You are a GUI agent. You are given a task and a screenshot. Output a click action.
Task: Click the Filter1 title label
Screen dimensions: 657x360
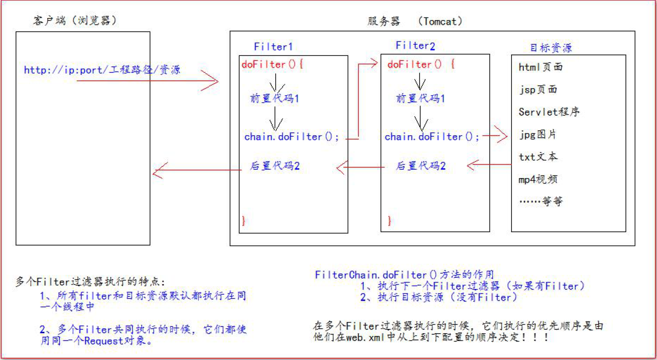[x=273, y=47]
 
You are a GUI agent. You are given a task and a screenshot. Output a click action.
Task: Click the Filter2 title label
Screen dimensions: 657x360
[x=415, y=45]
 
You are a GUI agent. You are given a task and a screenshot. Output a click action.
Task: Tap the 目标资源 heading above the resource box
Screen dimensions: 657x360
[x=551, y=48]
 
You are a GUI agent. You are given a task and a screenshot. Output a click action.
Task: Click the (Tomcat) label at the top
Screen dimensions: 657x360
[x=440, y=21]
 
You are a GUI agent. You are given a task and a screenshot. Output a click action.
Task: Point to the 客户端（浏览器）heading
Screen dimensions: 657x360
[x=74, y=20]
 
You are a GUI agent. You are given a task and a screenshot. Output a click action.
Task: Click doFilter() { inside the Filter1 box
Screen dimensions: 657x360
[x=272, y=64]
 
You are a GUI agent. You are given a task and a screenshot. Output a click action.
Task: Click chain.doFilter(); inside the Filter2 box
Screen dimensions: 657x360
[x=432, y=137]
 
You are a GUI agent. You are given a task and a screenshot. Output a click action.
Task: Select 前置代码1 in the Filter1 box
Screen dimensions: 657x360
[x=275, y=98]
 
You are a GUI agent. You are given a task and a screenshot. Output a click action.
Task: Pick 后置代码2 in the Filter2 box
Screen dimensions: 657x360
[x=421, y=166]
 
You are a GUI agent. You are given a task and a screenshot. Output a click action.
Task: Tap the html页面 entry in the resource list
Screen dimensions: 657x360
[x=541, y=67]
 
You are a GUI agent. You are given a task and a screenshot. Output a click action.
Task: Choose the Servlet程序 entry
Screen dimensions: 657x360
[x=549, y=112]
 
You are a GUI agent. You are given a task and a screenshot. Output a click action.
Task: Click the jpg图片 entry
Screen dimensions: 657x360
[x=538, y=135]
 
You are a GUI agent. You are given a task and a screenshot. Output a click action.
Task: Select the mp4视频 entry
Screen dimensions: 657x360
[x=538, y=179]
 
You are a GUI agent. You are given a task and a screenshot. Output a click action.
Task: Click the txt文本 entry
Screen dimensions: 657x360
[x=538, y=157]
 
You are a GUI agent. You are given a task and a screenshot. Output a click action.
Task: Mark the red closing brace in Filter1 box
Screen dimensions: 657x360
[x=244, y=221]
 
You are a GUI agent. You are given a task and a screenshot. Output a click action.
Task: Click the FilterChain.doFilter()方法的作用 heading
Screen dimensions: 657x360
[x=405, y=274]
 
